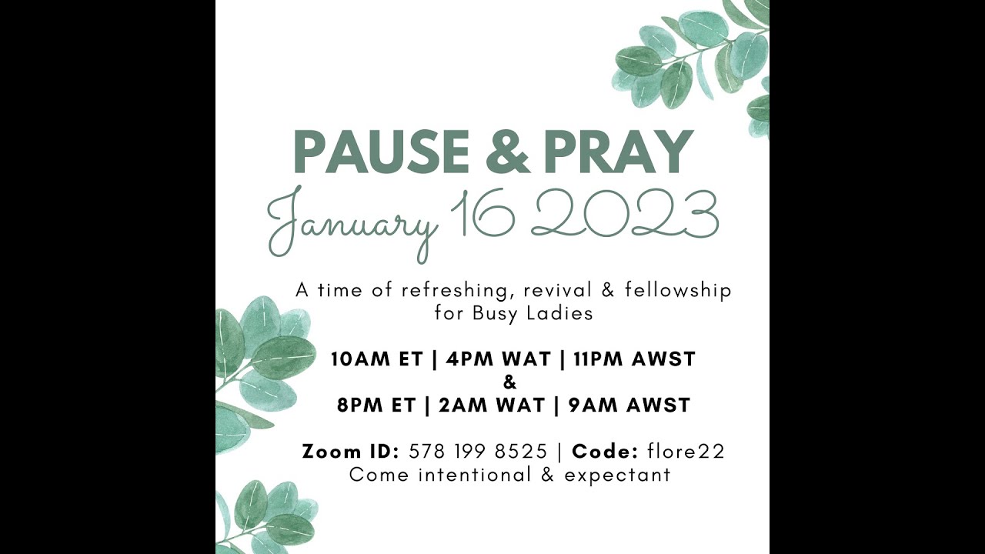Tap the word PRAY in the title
coord(614,152)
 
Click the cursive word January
coord(352,221)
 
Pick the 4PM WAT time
coord(495,359)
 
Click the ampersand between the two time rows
coord(509,382)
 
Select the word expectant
coord(617,475)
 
